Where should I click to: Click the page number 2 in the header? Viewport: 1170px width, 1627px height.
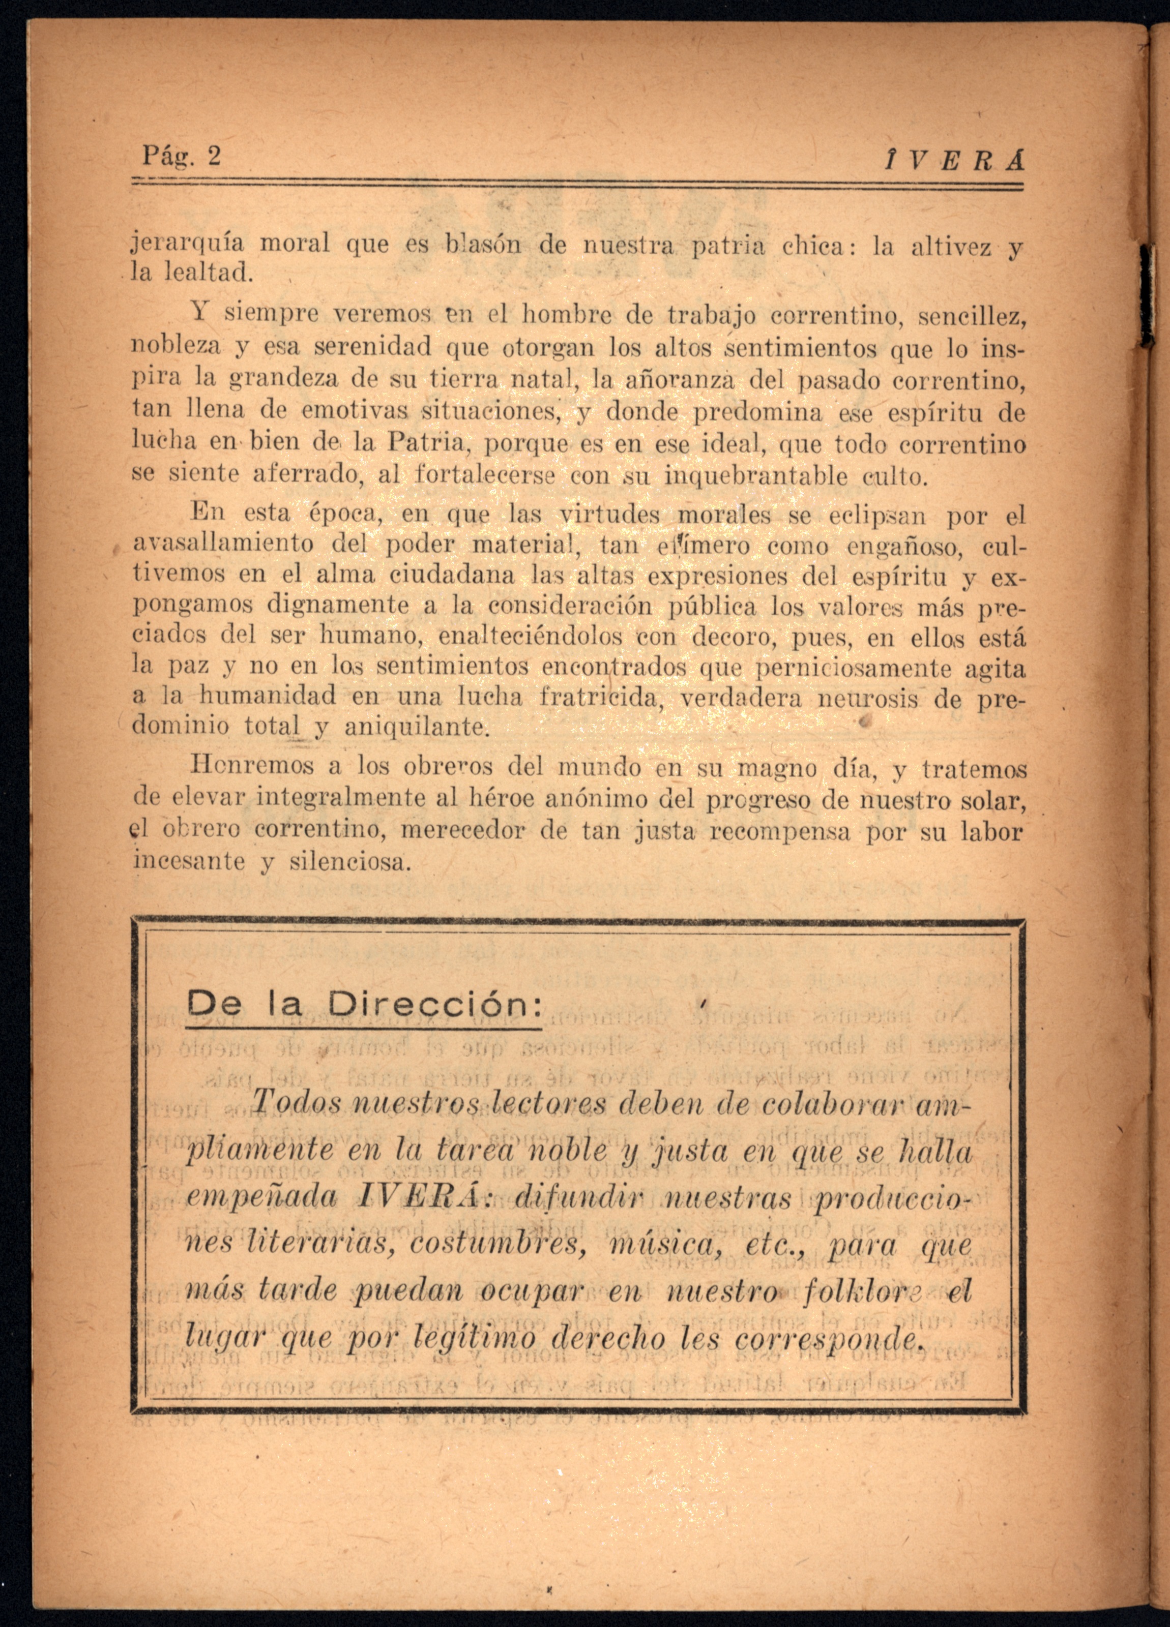click(x=214, y=156)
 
